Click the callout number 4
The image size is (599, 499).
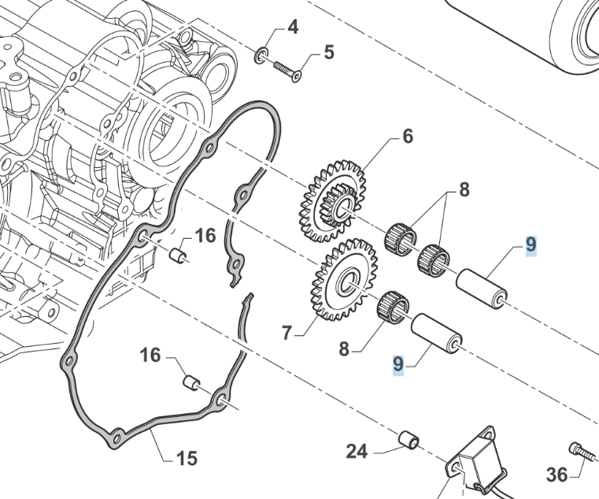[293, 28]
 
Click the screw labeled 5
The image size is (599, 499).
[287, 71]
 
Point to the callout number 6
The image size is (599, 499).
[407, 136]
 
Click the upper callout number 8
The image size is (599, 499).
[464, 189]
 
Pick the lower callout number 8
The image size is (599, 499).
[343, 348]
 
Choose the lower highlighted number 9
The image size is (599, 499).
[398, 364]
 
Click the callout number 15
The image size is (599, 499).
[187, 457]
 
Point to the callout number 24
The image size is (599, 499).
[357, 452]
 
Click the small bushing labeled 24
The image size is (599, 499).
[408, 438]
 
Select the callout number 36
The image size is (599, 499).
[556, 475]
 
